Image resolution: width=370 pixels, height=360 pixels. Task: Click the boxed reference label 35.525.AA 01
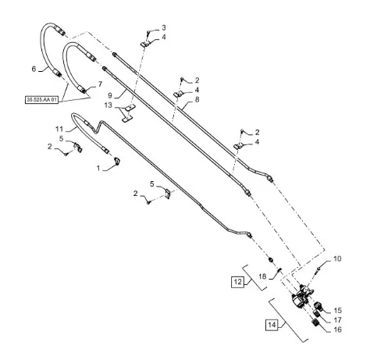click(41, 100)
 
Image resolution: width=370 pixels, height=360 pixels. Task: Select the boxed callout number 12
click(238, 282)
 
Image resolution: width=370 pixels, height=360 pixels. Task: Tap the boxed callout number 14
click(272, 325)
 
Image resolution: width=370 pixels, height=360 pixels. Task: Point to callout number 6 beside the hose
click(34, 69)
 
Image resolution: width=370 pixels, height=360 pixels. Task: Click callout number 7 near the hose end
click(100, 84)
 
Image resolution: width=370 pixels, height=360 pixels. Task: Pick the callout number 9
click(110, 95)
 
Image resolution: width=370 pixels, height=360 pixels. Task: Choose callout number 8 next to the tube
click(197, 99)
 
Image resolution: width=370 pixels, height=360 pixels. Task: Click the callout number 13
click(109, 105)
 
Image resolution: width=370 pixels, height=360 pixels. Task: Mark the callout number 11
click(59, 129)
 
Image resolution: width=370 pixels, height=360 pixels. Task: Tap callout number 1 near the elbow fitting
click(98, 169)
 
